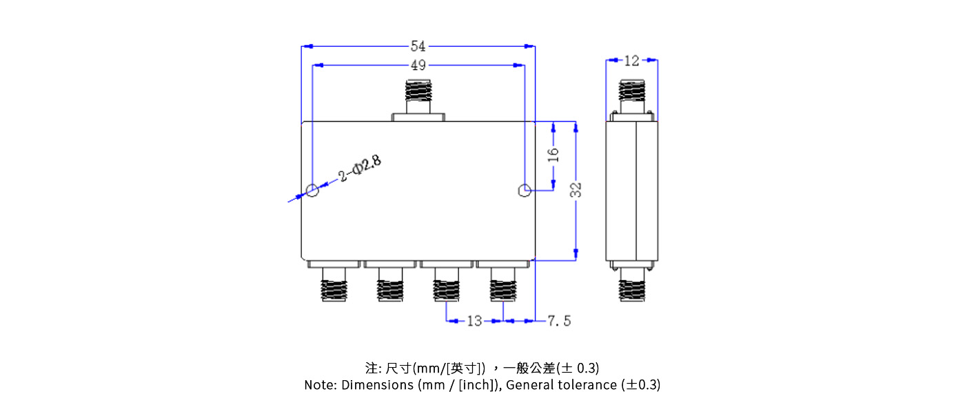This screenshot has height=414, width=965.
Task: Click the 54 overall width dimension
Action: pos(418,46)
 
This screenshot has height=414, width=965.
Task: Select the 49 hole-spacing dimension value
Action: pos(418,66)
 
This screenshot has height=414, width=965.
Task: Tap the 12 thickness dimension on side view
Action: pos(631,61)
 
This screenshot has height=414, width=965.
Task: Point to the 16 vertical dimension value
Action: pos(553,155)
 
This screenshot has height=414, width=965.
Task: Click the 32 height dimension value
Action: pos(576,190)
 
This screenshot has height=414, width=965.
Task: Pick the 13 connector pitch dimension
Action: pos(474,321)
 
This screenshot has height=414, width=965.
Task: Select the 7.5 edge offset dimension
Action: pos(559,321)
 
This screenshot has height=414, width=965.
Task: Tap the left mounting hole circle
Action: pos(312,190)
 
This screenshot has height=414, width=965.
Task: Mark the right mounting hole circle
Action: pos(525,190)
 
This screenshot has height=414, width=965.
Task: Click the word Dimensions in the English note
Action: pos(377,385)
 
